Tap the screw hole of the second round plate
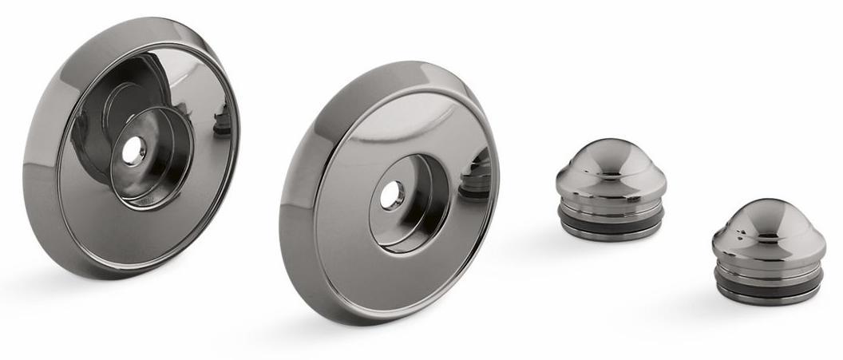tap(391, 195)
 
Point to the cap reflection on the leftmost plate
tap(223, 120)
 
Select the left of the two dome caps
tap(611, 188)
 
